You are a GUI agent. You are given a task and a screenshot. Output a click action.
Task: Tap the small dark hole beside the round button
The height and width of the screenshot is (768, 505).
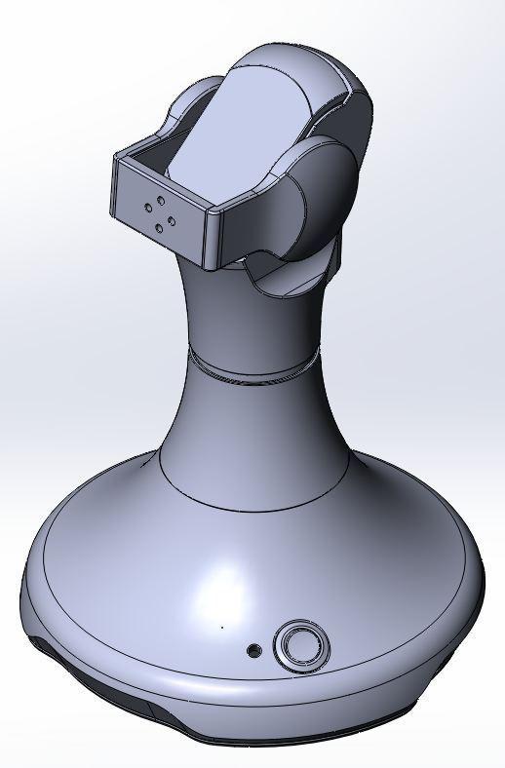(254, 650)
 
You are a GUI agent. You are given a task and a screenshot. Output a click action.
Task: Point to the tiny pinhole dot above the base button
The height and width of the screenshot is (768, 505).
(221, 628)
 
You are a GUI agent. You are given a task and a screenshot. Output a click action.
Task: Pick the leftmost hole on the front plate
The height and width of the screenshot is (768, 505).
(146, 207)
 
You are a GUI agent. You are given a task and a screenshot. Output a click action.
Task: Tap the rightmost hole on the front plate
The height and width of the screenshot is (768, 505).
(172, 219)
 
